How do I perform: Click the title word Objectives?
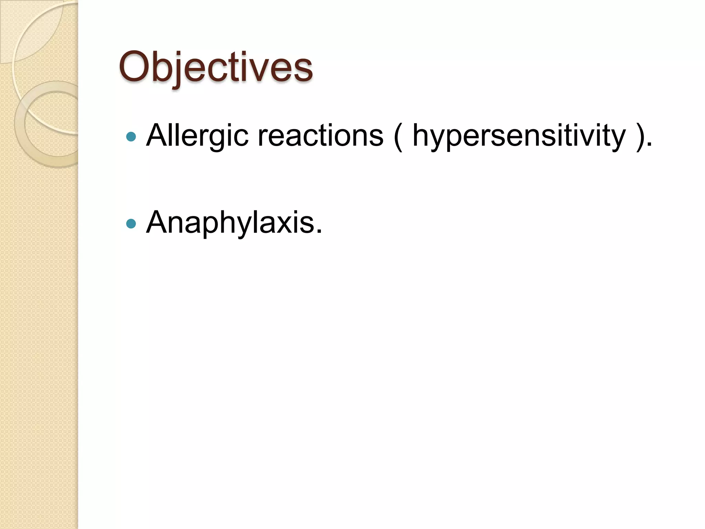[x=216, y=67]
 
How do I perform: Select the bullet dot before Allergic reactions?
[x=131, y=137]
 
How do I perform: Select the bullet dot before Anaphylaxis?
[x=131, y=224]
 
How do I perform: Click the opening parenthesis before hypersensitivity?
[x=398, y=136]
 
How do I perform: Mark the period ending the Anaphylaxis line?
[x=319, y=232]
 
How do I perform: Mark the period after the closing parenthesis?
[x=649, y=145]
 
